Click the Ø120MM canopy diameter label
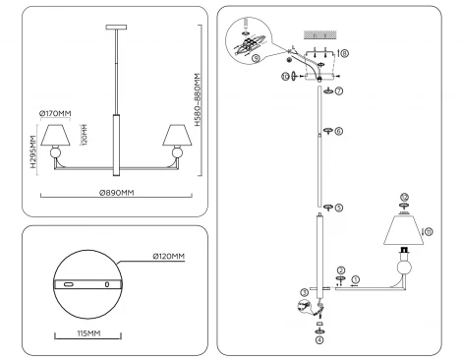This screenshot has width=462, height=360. tap(169, 258)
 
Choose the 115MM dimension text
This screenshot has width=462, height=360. tap(87, 333)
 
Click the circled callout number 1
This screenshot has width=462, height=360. tap(355, 279)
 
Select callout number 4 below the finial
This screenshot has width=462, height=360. tap(318, 340)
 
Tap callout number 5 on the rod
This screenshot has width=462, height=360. tap(339, 208)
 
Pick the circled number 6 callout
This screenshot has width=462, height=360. tap(339, 131)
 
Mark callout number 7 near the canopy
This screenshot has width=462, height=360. tap(339, 91)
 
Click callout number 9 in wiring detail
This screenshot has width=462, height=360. tap(256, 56)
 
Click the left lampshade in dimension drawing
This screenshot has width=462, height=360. tap(56, 134)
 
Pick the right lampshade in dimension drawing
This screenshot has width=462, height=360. tap(178, 134)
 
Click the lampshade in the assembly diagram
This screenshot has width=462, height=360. tap(402, 232)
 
